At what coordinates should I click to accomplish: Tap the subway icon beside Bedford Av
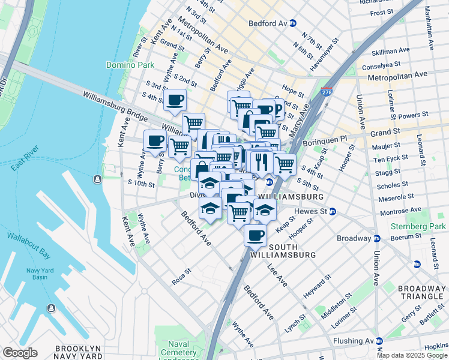[293, 23]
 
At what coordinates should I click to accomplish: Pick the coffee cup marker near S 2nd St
[175, 100]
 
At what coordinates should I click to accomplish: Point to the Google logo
[20, 353]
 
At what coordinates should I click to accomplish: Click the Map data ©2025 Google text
[411, 355]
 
